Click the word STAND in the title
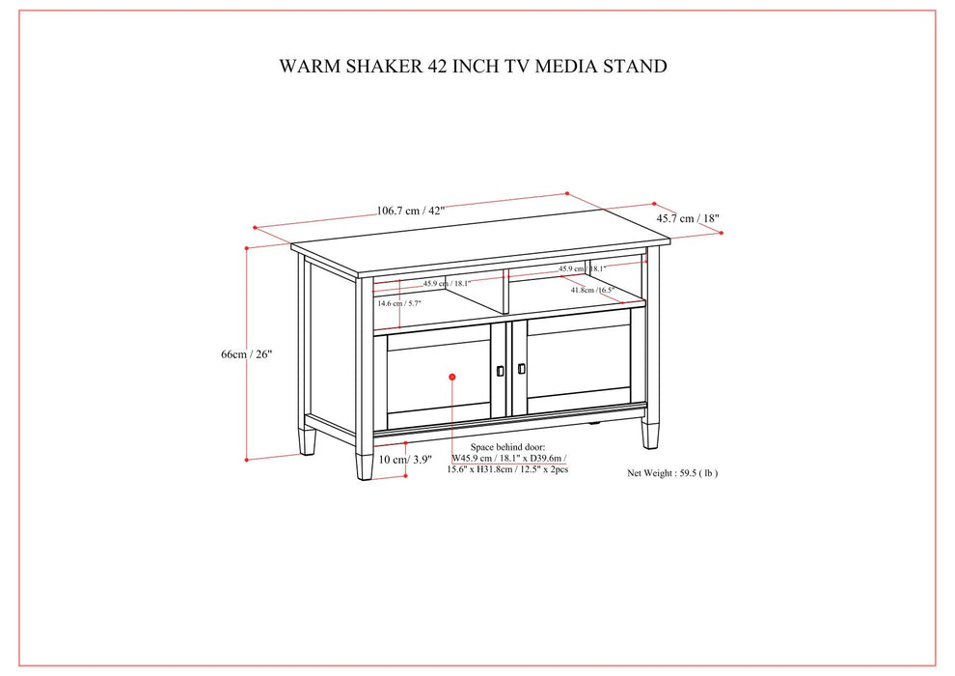632,67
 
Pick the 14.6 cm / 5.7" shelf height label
398,303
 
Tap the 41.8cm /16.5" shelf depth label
591,290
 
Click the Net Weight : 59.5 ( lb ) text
672,473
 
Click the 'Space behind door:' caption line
507,448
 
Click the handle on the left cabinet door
501,370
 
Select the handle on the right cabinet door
521,368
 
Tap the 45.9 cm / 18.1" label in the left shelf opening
446,284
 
